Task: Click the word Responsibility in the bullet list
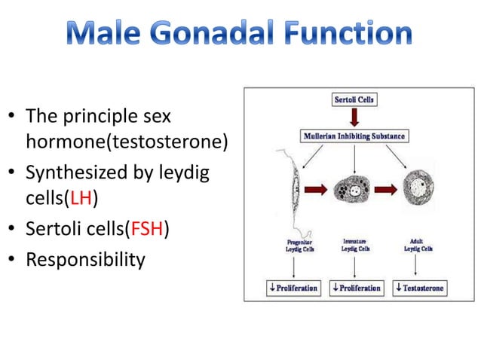[x=84, y=260]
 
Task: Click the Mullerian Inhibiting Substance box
[x=354, y=137]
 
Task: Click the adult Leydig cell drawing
[x=418, y=185]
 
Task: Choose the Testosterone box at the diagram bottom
[x=420, y=288]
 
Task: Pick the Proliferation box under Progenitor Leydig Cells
[x=293, y=288]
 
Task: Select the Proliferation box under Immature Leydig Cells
[x=355, y=288]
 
